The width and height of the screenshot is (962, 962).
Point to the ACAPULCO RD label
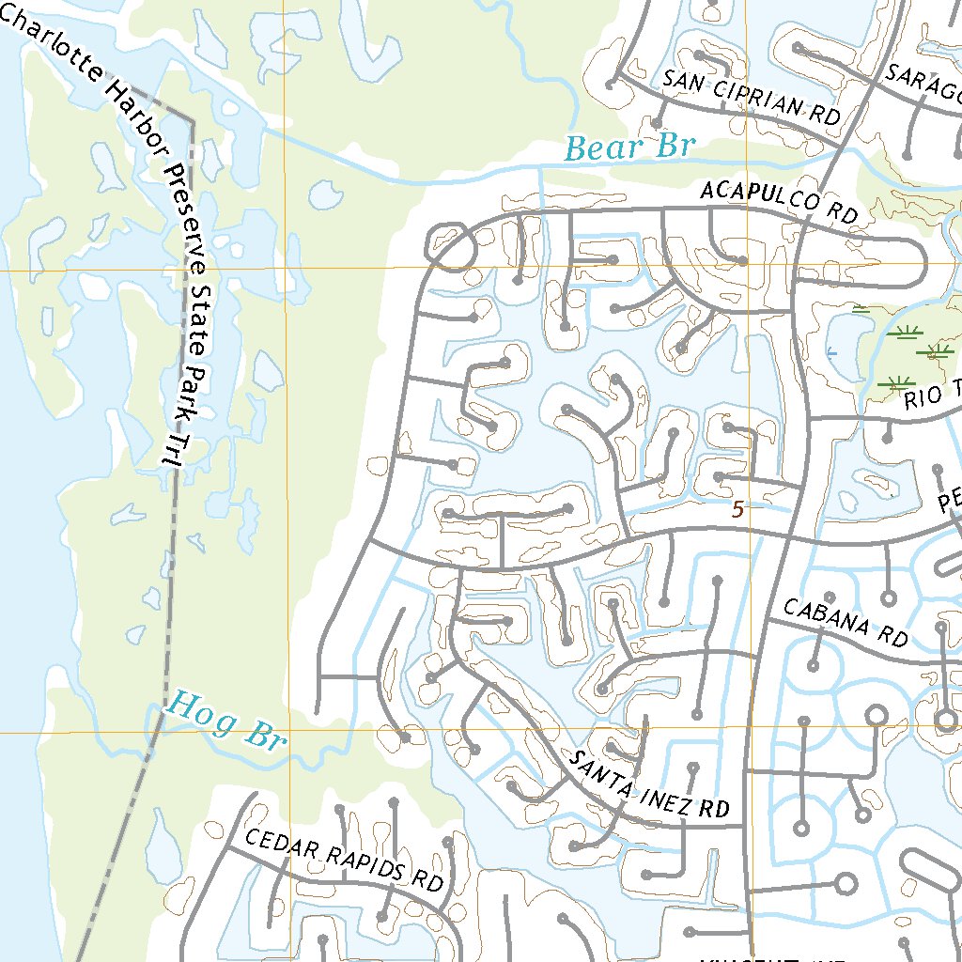pos(780,203)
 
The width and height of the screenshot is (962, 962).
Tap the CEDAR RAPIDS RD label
pos(343,860)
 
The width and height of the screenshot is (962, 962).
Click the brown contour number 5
pos(737,509)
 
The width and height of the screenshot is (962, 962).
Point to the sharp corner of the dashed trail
pos(193,121)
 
